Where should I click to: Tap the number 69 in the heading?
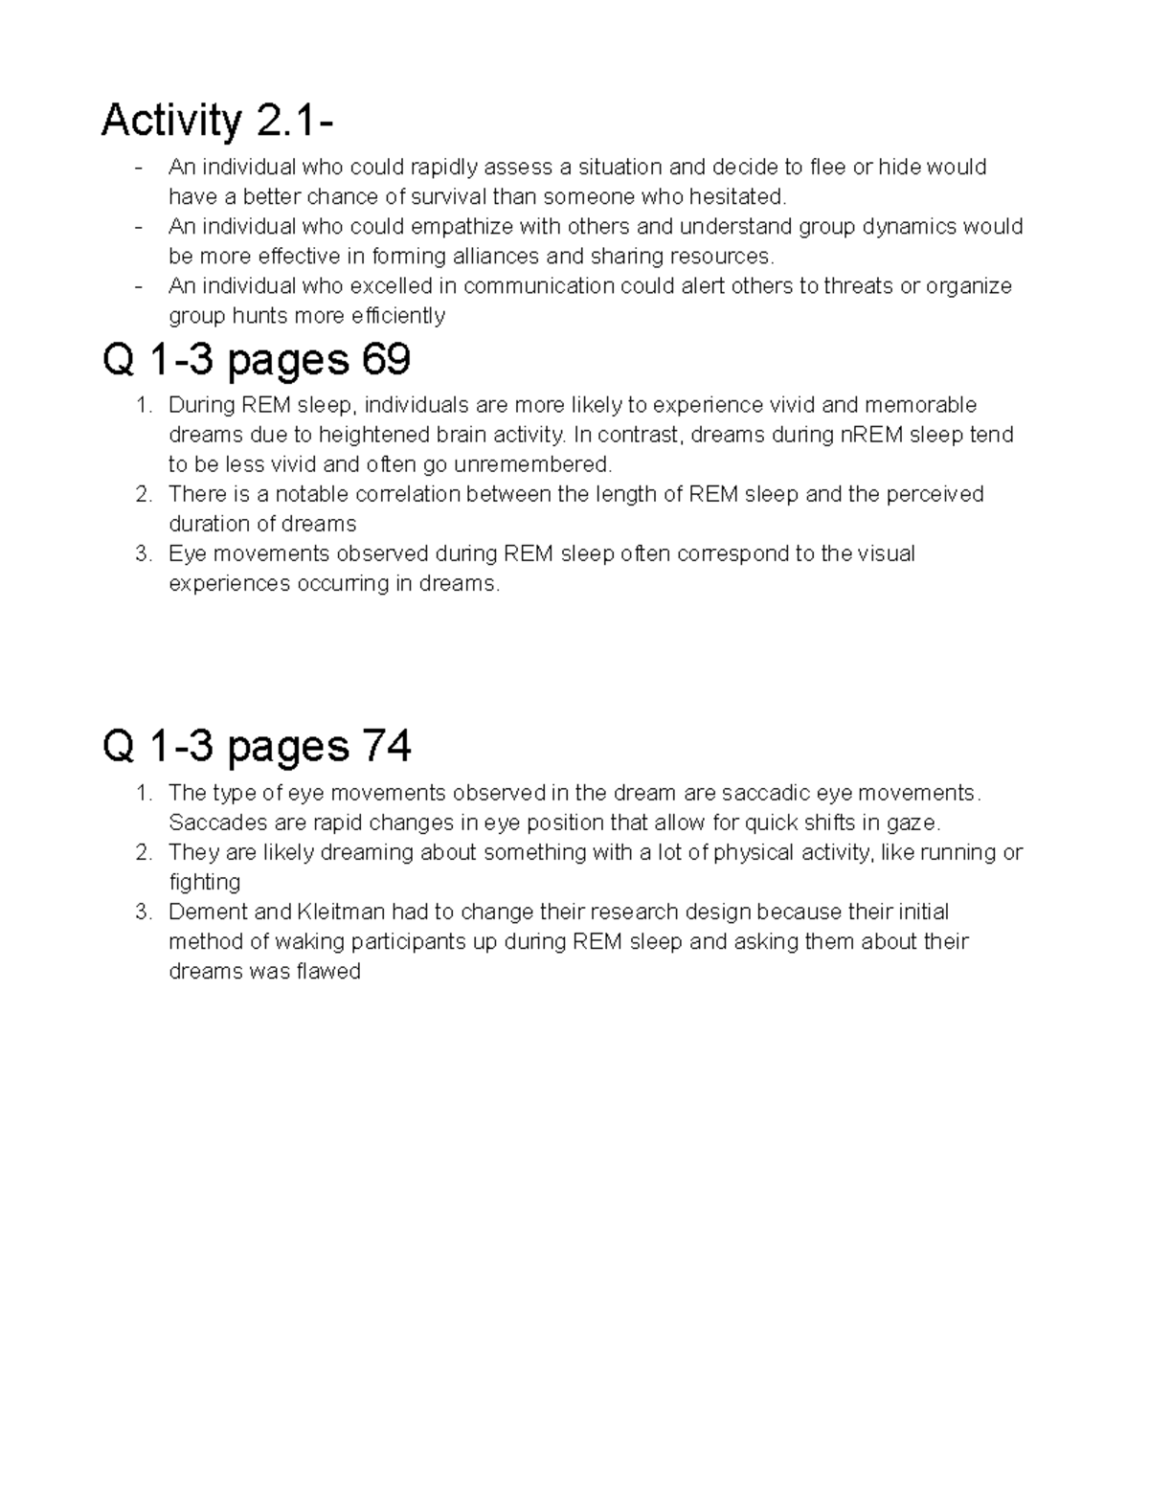(x=386, y=360)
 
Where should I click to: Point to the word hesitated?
(x=744, y=197)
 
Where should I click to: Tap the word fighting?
(x=204, y=882)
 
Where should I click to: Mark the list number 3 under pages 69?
(x=143, y=553)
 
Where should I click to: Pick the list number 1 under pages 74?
(x=143, y=793)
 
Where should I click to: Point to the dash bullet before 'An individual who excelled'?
(x=141, y=286)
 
